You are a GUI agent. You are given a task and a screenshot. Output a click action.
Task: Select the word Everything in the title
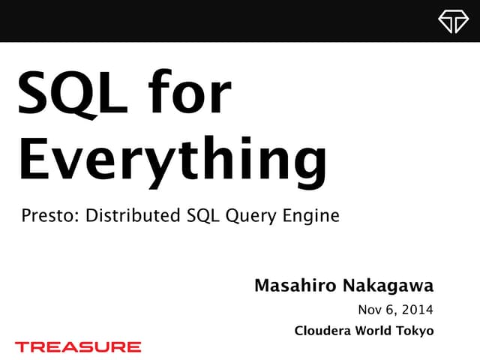click(x=172, y=159)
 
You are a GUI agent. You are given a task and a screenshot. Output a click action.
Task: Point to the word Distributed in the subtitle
click(x=133, y=217)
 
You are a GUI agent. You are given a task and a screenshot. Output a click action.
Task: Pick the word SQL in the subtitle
click(x=201, y=217)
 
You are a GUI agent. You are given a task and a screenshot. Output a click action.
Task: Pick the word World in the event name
click(x=375, y=331)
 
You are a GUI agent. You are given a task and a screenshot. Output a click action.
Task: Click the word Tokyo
click(x=417, y=331)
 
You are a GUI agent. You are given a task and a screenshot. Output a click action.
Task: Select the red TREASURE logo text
click(x=77, y=346)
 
